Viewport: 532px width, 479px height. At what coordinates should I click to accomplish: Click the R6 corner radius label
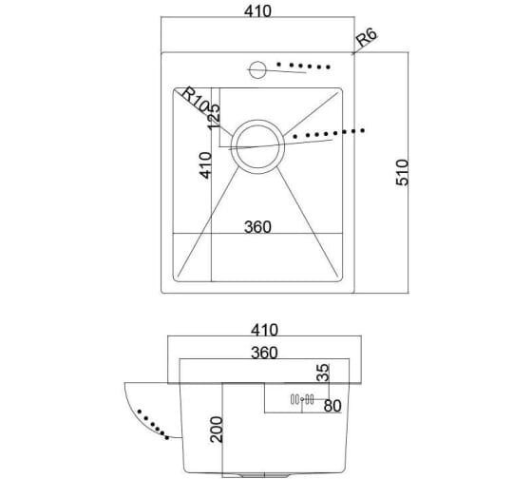[x=367, y=37]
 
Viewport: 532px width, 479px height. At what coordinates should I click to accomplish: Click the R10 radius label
[x=194, y=100]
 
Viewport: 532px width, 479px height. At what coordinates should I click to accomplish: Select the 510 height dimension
[x=403, y=172]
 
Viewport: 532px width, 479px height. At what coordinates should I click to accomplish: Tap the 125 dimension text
[x=214, y=117]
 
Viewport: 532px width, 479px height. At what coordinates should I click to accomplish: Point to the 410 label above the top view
[x=257, y=11]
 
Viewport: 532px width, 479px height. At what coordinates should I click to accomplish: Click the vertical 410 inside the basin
[x=205, y=165]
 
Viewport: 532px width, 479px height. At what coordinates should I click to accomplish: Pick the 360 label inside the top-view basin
[x=257, y=227]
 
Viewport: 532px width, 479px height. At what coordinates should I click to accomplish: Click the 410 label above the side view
[x=265, y=330]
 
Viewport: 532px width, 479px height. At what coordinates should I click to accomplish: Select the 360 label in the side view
[x=264, y=353]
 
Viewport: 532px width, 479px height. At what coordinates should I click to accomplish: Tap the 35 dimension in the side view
[x=323, y=373]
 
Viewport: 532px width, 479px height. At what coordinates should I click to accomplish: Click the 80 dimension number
[x=332, y=406]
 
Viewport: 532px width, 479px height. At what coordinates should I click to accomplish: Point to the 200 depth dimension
[x=217, y=430]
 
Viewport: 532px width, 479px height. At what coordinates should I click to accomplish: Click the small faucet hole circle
[x=257, y=69]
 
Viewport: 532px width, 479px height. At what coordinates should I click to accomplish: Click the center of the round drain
[x=257, y=146]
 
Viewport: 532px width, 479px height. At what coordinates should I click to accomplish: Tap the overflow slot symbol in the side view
[x=302, y=399]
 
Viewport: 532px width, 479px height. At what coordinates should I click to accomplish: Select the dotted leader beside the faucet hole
[x=303, y=66]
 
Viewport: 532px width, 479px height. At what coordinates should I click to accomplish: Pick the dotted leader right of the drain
[x=329, y=133]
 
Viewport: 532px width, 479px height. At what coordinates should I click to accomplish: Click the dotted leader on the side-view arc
[x=153, y=424]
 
